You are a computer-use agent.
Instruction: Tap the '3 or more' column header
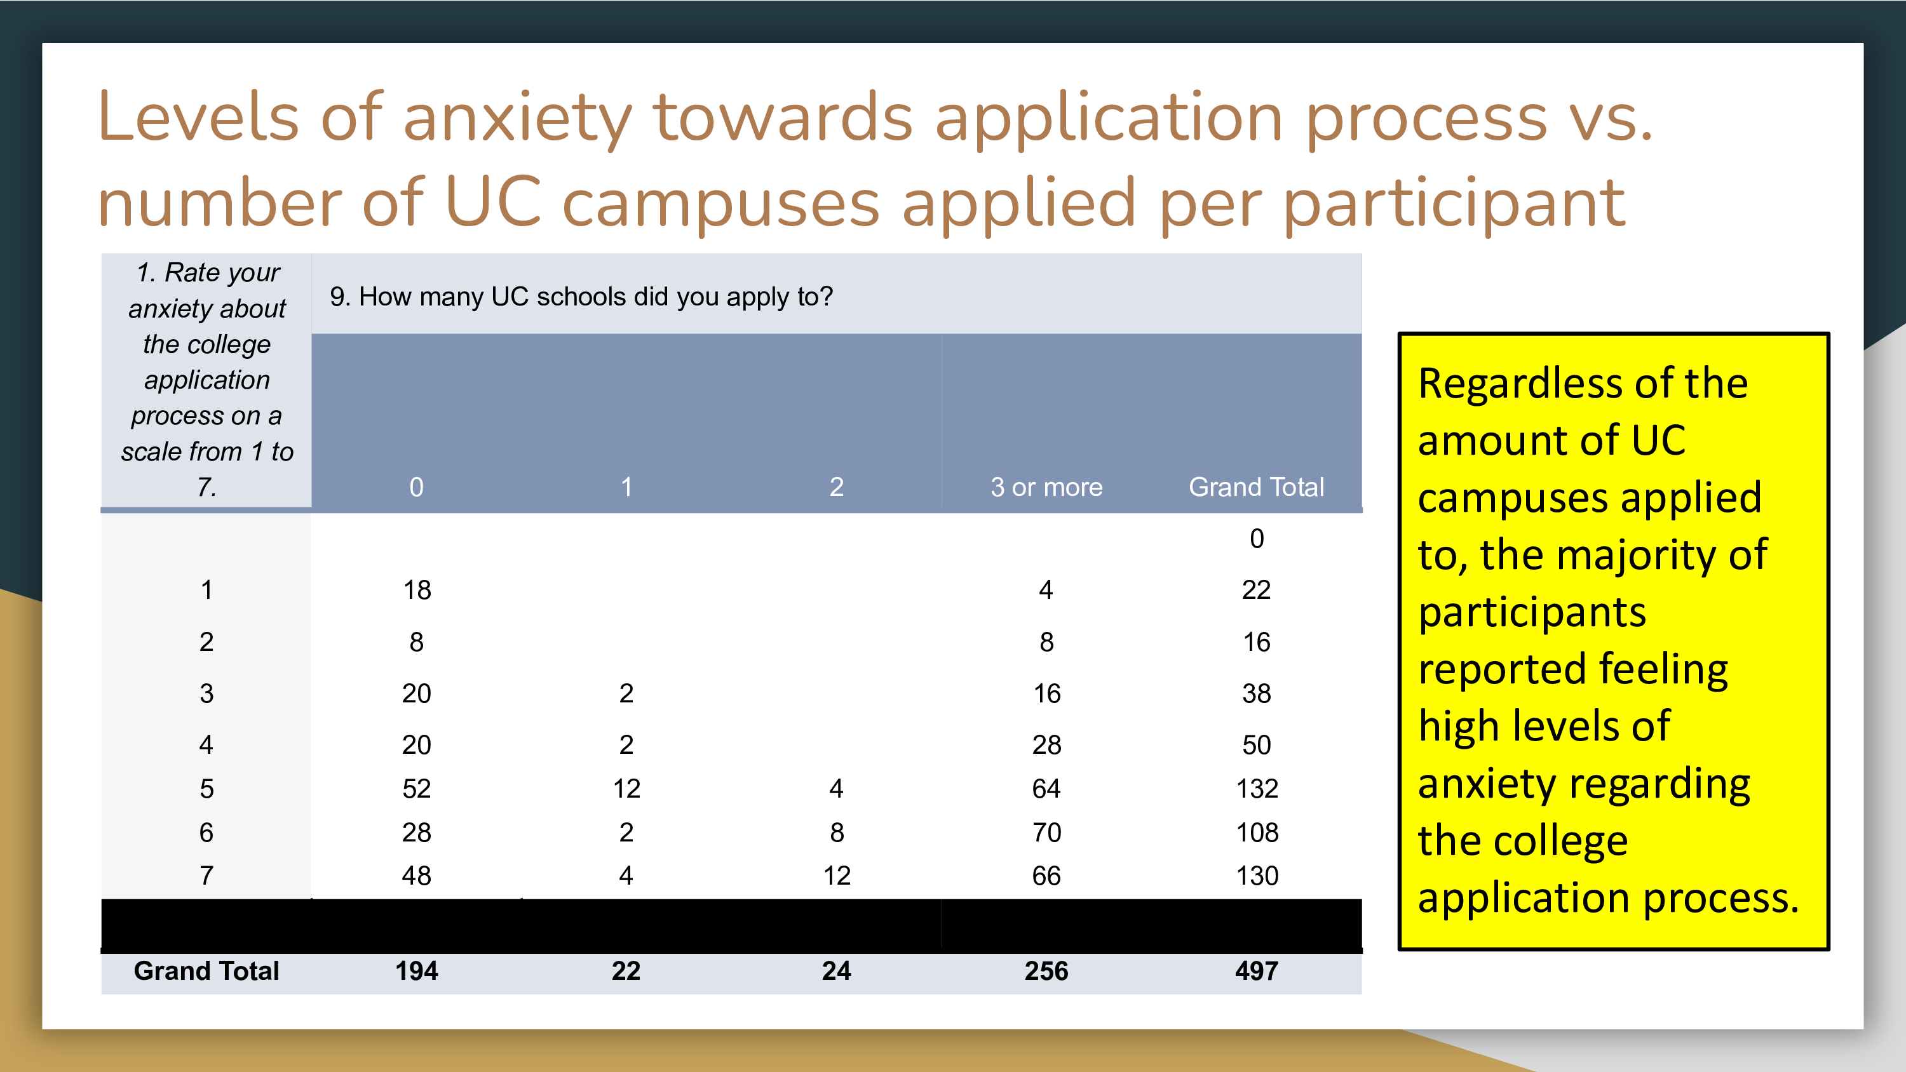[1046, 487]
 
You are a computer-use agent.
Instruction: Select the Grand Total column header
[1256, 487]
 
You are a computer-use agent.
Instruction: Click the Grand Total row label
[206, 970]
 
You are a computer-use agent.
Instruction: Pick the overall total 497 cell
[1256, 970]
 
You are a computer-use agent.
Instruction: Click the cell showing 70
[1047, 833]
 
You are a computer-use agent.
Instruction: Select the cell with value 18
[417, 589]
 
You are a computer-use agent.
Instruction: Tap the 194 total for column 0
[417, 970]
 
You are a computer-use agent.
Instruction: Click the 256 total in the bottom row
[1046, 970]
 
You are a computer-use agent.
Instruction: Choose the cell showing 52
[417, 789]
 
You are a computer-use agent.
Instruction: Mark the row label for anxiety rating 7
[206, 876]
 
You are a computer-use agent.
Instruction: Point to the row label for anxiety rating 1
[206, 589]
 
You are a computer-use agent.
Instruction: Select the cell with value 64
[1046, 789]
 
